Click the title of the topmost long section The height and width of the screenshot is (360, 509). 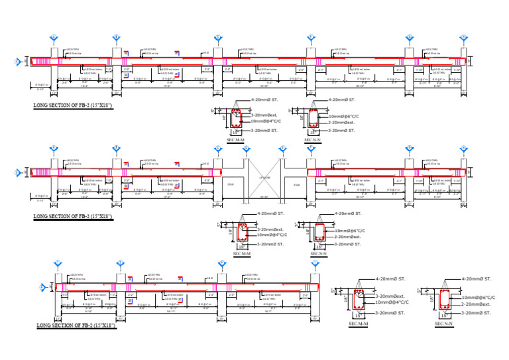[72, 105]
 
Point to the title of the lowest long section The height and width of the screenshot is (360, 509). [76, 326]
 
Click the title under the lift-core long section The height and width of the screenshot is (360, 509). [72, 216]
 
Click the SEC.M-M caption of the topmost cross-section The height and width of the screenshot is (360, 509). [236, 140]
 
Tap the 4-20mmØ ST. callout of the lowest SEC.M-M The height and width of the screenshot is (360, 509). [390, 280]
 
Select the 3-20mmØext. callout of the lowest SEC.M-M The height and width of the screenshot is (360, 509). [390, 296]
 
